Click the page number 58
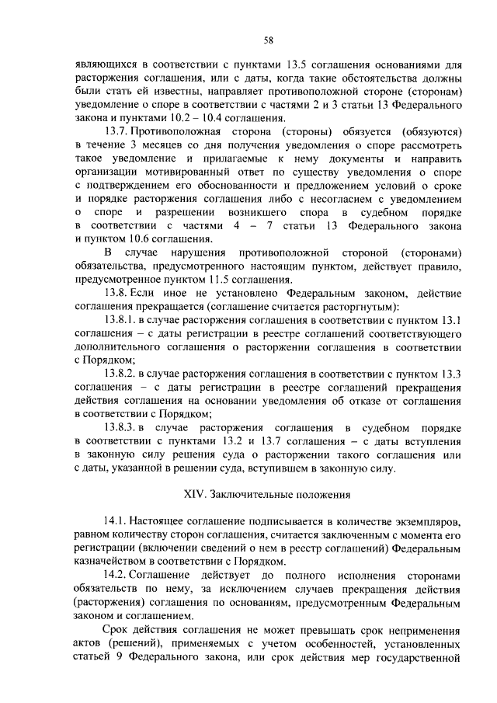pos(268,40)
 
